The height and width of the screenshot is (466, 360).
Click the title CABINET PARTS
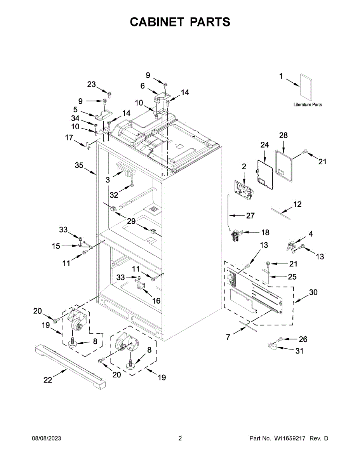click(x=180, y=22)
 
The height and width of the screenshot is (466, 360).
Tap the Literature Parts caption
click(x=308, y=105)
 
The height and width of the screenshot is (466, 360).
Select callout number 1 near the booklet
click(x=281, y=77)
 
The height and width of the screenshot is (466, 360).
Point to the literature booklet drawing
click(x=306, y=88)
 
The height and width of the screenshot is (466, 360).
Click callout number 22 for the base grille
click(x=47, y=380)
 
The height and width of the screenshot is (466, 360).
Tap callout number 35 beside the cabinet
click(x=79, y=165)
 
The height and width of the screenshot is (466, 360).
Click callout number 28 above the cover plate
click(x=283, y=135)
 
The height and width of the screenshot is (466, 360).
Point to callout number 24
click(x=264, y=145)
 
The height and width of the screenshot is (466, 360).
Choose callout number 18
click(x=265, y=232)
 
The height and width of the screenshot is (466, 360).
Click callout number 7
click(x=228, y=337)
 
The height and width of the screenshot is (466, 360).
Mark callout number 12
click(x=297, y=204)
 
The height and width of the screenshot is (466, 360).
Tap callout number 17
click(x=69, y=137)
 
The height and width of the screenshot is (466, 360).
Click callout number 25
click(x=292, y=277)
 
